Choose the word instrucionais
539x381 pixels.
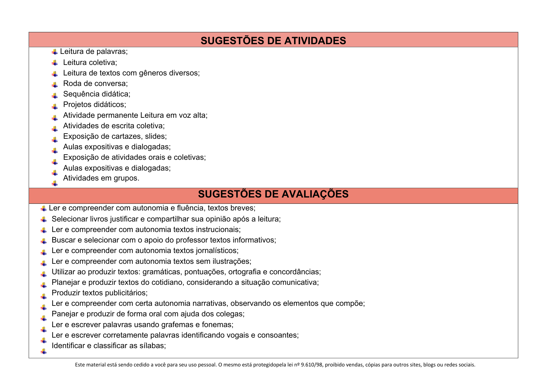218,230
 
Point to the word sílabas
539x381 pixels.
152,346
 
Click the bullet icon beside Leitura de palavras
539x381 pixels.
55,52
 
